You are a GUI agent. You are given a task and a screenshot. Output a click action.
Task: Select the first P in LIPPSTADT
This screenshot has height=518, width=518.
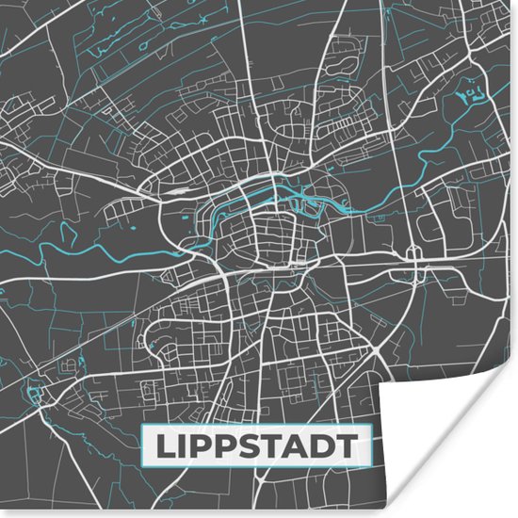(202, 447)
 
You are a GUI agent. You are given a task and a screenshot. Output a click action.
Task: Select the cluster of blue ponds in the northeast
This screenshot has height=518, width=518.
(470, 93)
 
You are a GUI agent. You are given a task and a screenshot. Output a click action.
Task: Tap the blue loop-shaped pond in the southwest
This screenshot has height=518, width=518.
(39, 390)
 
